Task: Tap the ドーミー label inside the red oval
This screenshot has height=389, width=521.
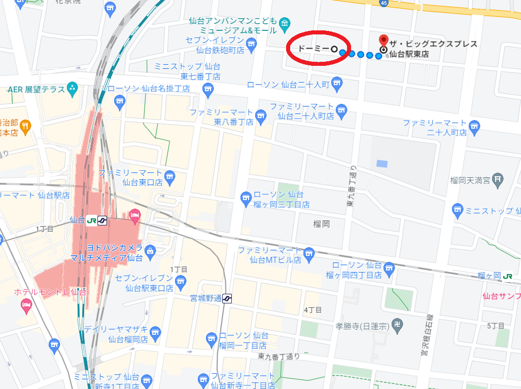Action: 312,49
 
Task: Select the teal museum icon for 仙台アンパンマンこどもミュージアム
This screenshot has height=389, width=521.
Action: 285,23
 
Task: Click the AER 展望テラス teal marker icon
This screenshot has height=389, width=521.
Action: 72,89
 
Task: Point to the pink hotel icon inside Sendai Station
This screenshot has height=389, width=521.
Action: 134,216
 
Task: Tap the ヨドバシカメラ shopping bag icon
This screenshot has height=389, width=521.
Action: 150,250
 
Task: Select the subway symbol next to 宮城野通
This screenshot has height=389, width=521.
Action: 227,298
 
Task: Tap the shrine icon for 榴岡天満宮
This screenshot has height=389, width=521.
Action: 499,178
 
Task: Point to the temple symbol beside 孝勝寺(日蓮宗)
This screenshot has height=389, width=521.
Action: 399,326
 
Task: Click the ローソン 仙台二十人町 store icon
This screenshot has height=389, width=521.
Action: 337,84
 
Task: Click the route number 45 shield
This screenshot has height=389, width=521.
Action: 384,3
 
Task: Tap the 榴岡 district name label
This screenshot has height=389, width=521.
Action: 322,223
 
